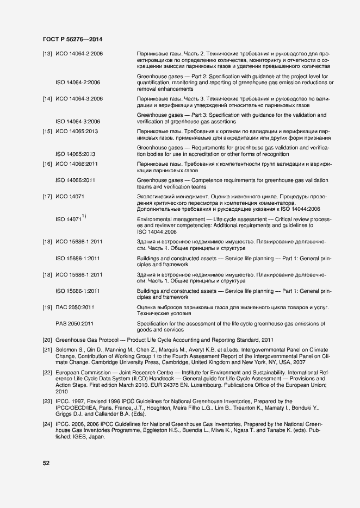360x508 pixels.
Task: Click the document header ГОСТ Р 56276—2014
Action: [73, 40]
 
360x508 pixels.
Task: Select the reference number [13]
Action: [47, 54]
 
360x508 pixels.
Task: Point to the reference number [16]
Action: [47, 164]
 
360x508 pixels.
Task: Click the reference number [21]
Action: [47, 350]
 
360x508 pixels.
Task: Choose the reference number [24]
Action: [47, 424]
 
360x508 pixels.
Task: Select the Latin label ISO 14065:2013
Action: [76, 154]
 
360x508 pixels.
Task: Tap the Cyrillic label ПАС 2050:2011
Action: [76, 308]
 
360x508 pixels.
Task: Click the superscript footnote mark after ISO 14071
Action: [84, 216]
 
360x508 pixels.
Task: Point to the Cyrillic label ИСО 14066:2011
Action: [79, 164]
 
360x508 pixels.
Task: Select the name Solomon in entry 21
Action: [67, 350]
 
